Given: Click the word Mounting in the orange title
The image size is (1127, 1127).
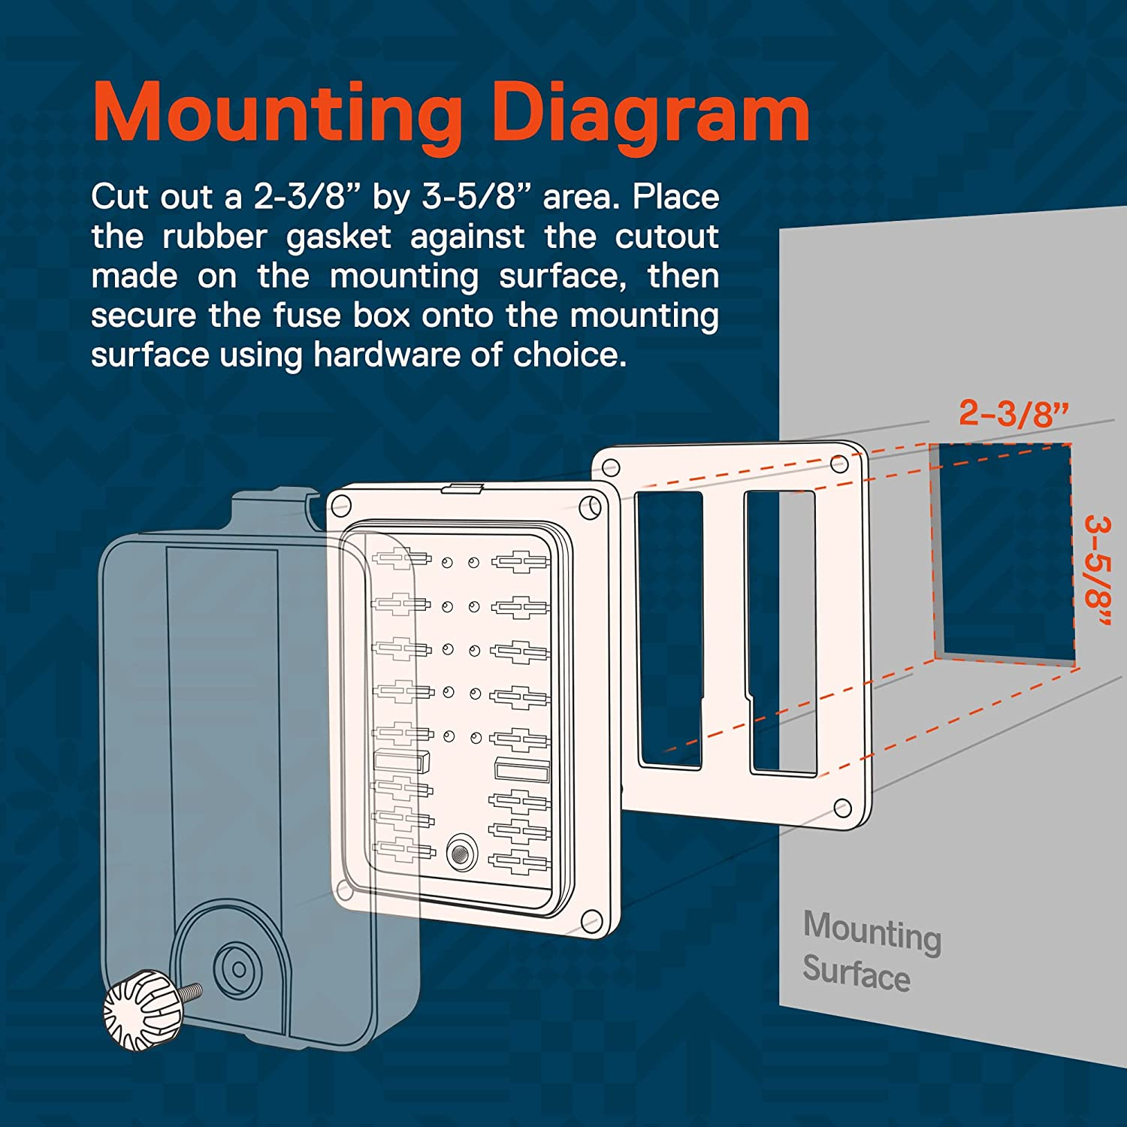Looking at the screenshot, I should (277, 114).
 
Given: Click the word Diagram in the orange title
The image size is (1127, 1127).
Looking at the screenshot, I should (653, 114).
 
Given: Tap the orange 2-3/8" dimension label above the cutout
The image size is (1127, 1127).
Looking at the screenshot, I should (1014, 413).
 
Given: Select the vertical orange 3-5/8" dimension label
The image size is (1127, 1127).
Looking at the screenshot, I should (1098, 572).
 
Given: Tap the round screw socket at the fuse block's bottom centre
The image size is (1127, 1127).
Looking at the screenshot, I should (460, 853).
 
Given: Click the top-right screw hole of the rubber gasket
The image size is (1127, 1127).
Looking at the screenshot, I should (838, 464).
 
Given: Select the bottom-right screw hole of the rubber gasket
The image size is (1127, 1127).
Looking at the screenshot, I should (843, 808).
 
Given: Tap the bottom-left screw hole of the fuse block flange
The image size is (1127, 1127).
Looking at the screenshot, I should (344, 890).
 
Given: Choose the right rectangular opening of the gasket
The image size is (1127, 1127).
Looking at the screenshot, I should (781, 631).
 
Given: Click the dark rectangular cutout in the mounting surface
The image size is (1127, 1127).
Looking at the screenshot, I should (1003, 548).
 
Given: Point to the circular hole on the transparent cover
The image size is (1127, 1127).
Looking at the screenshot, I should (238, 969).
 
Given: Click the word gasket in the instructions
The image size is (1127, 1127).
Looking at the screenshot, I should (338, 237).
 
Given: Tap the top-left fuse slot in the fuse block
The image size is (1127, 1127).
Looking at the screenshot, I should (401, 560).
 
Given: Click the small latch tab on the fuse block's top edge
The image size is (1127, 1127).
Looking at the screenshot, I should (461, 488).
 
